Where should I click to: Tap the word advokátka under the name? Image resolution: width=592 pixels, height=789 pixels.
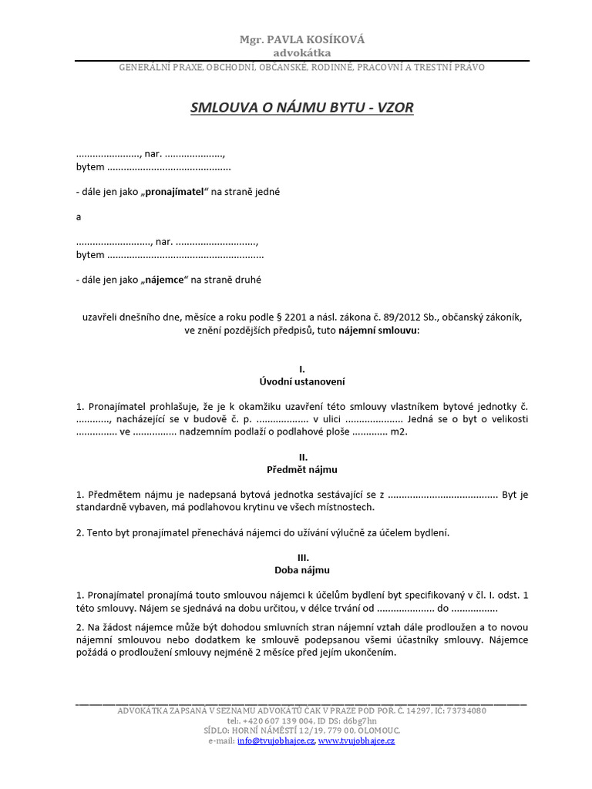[302, 53]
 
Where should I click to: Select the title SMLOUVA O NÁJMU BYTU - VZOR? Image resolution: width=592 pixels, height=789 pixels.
[302, 108]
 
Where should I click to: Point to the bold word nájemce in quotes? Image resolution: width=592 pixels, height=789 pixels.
[163, 280]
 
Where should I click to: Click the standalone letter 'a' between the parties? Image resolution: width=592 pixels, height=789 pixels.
[79, 217]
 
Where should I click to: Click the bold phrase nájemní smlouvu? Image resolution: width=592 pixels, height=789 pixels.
[378, 330]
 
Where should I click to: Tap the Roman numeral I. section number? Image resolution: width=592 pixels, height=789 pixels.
[302, 369]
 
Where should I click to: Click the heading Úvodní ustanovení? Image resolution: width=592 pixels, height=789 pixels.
[302, 381]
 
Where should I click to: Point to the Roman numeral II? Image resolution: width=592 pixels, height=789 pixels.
[302, 457]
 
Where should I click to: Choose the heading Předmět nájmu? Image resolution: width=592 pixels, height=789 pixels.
[302, 469]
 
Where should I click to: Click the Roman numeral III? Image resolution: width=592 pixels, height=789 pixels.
[302, 558]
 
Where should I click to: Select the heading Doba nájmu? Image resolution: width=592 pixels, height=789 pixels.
[302, 570]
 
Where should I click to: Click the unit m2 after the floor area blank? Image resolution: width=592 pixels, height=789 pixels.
[399, 432]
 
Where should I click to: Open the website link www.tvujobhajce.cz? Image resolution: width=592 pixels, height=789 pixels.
[356, 740]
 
